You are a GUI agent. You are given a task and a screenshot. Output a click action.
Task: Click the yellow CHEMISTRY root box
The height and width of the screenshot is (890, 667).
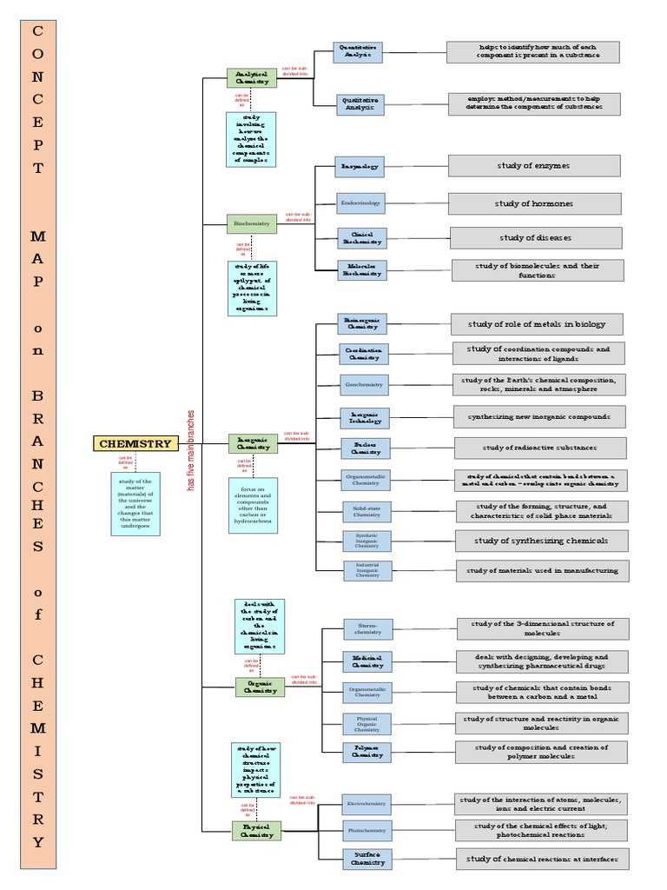135,443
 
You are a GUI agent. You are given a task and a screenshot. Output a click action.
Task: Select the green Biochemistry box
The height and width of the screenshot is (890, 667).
252,223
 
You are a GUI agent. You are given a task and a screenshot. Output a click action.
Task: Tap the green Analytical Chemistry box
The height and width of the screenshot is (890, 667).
253,77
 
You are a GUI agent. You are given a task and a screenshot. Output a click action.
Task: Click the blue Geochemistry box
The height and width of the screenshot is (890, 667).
365,383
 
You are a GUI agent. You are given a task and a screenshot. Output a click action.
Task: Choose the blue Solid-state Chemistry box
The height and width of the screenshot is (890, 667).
367,511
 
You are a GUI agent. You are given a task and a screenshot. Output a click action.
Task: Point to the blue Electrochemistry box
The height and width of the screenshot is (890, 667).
367,803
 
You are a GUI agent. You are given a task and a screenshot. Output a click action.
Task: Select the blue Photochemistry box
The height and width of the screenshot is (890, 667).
367,830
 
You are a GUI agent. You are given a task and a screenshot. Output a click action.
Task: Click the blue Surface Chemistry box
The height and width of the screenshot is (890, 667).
368,859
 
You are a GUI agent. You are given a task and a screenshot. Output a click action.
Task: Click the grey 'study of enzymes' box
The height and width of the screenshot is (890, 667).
534,165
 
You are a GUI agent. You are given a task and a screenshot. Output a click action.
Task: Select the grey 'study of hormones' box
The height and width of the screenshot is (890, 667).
535,203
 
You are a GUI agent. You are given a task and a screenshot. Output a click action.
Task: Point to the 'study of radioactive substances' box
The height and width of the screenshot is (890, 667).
540,448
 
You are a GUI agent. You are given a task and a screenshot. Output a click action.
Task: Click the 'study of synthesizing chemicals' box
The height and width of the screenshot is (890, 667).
540,541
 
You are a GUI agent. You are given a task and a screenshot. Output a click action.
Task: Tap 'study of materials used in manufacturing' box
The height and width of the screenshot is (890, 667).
542,571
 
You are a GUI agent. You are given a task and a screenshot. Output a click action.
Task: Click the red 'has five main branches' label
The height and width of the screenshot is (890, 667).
191,450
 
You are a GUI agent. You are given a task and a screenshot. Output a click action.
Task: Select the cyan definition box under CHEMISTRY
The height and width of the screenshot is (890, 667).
135,503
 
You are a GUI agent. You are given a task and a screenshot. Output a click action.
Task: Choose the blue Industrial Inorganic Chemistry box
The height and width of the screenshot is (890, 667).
367,570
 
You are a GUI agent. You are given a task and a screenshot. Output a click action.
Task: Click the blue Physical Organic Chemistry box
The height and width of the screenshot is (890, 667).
367,723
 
